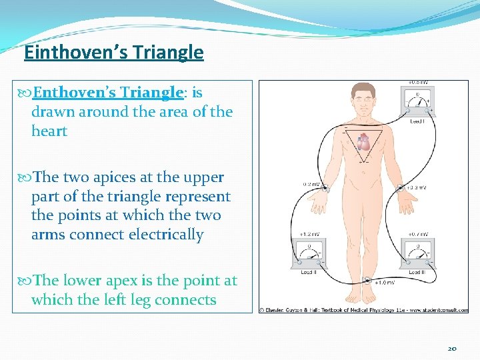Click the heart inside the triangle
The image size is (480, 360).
[363, 142]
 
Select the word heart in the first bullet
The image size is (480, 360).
[49, 131]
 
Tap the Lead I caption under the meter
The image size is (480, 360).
[417, 121]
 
